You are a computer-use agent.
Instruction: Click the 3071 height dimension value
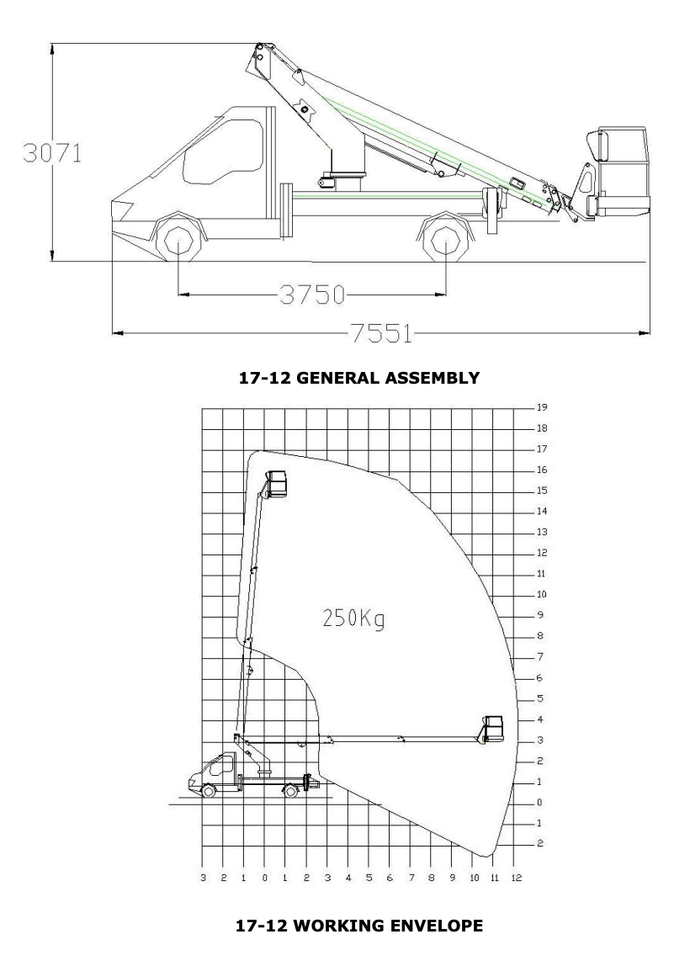pyautogui.click(x=52, y=153)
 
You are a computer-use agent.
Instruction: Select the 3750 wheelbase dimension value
pyautogui.click(x=312, y=295)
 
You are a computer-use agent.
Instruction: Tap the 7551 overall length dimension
pyautogui.click(x=382, y=333)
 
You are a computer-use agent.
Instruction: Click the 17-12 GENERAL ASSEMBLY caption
pyautogui.click(x=358, y=378)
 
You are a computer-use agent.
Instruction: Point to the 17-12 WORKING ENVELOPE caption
pyautogui.click(x=359, y=926)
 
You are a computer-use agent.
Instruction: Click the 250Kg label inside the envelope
pyautogui.click(x=353, y=618)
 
